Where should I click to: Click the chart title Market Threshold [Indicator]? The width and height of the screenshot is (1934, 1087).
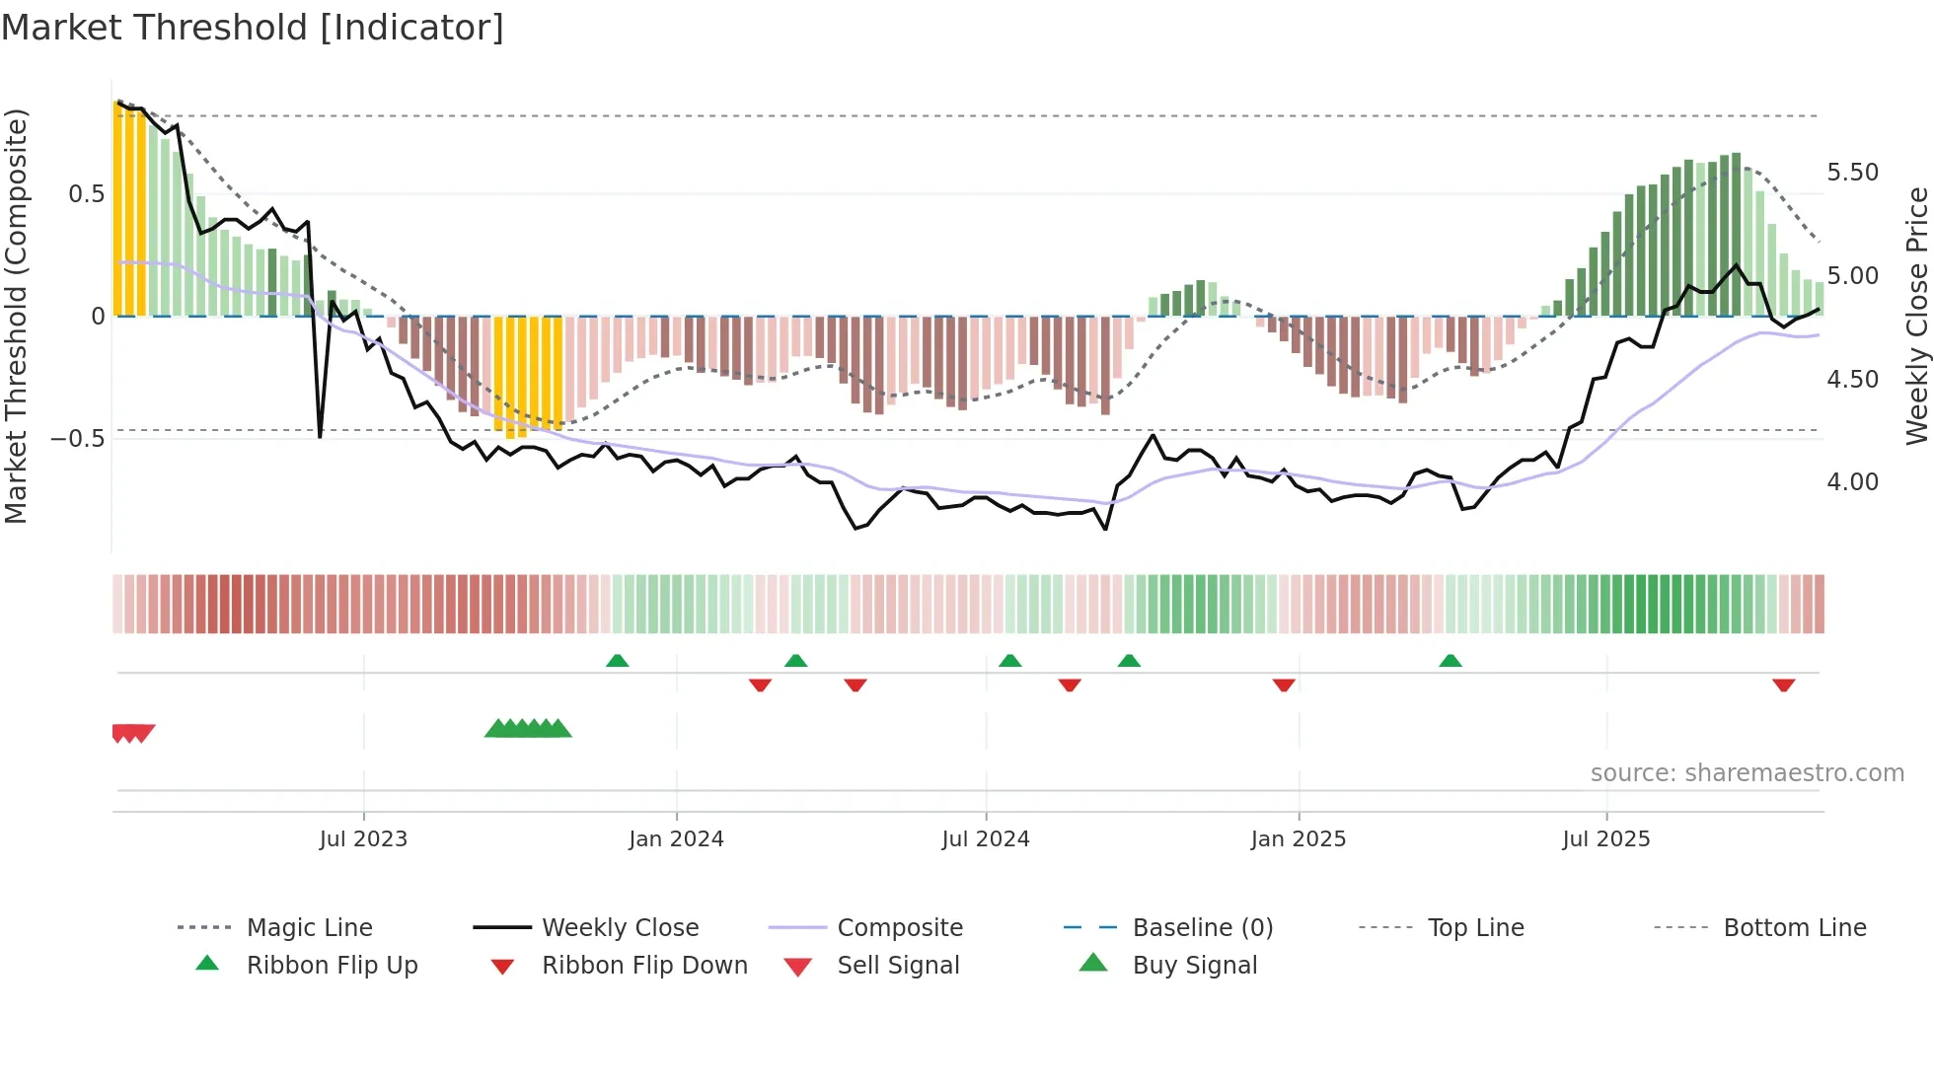click(x=253, y=28)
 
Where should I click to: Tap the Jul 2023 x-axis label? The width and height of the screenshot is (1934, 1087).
click(x=363, y=839)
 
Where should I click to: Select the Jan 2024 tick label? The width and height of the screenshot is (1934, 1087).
click(x=676, y=839)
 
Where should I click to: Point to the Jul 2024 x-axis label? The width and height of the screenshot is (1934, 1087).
click(x=985, y=839)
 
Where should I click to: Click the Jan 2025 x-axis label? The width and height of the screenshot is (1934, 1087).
click(x=1298, y=839)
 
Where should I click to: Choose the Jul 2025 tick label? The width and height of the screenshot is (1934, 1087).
click(x=1605, y=839)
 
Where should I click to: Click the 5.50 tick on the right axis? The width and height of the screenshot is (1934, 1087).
click(x=1852, y=173)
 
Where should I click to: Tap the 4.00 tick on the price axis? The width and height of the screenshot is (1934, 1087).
click(x=1852, y=482)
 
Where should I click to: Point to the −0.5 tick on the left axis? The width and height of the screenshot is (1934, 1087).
click(x=77, y=439)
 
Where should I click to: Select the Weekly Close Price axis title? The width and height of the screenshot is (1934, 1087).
click(x=1916, y=316)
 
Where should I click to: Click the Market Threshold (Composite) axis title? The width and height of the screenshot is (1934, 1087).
click(x=16, y=316)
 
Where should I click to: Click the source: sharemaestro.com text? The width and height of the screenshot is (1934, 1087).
click(x=1747, y=773)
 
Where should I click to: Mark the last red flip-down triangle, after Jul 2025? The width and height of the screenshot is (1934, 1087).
click(x=1783, y=685)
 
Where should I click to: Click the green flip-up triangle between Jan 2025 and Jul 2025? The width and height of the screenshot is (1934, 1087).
click(x=1450, y=661)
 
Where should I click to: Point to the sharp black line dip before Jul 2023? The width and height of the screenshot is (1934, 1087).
click(x=320, y=434)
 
